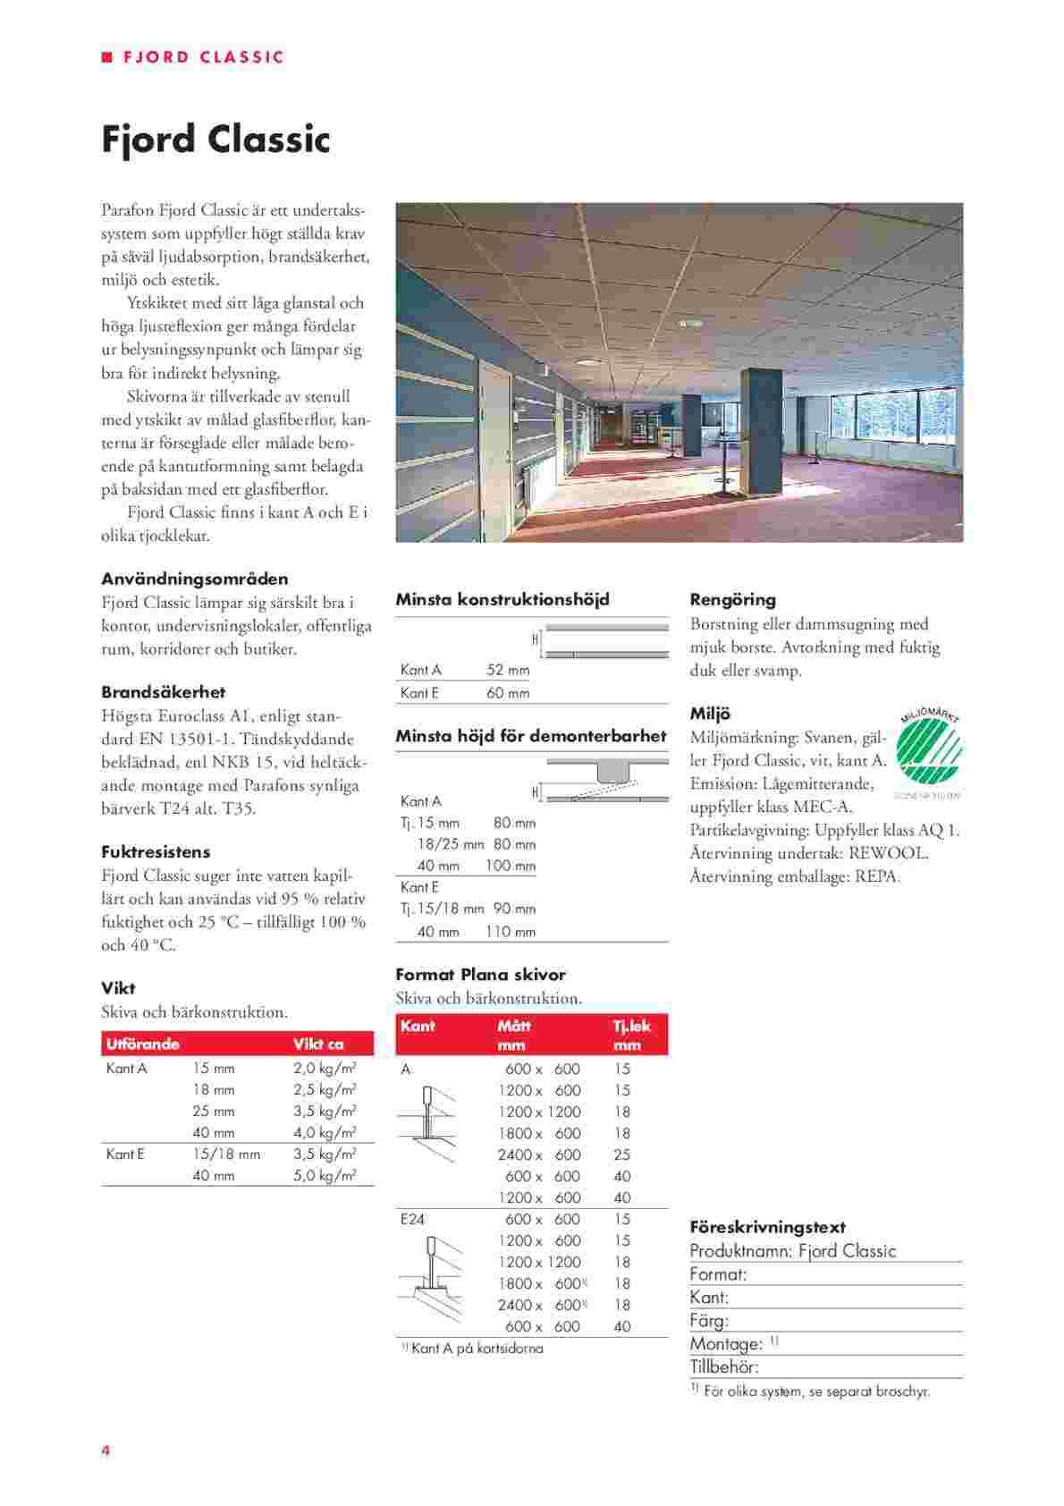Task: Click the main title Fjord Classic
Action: click(x=215, y=140)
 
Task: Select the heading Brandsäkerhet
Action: click(x=163, y=692)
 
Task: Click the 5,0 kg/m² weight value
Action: click(x=325, y=1176)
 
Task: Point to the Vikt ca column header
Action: click(x=318, y=1044)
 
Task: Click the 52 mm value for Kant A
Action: click(x=508, y=670)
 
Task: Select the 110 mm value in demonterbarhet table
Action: click(x=511, y=932)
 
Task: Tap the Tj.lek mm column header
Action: click(x=632, y=1035)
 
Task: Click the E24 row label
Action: click(x=412, y=1219)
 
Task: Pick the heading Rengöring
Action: click(x=732, y=600)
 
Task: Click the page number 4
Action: click(x=106, y=1451)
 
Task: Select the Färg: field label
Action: click(x=709, y=1321)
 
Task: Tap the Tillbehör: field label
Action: click(x=724, y=1366)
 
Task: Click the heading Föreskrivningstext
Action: click(x=767, y=1228)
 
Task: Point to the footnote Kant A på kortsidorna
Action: click(x=477, y=1349)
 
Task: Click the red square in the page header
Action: click(x=106, y=57)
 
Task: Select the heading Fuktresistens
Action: click(x=156, y=852)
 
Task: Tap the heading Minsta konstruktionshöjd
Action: click(x=502, y=599)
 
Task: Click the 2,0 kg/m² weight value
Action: click(x=325, y=1068)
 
